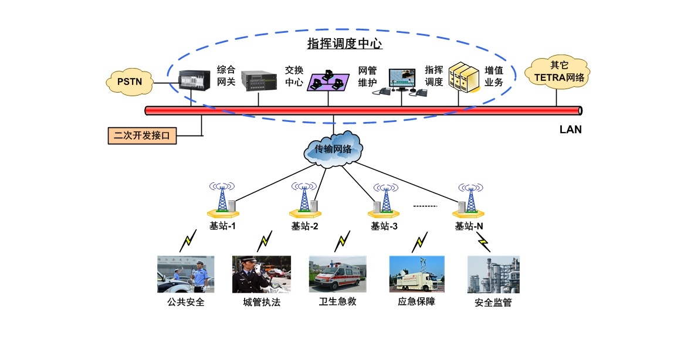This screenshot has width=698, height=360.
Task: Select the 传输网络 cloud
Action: pos(333,149)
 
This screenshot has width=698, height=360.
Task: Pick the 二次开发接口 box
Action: pos(141,135)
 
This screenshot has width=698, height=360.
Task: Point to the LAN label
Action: pos(570,130)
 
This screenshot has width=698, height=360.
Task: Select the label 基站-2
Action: pos(305,226)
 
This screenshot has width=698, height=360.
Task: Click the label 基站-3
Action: pos(384,226)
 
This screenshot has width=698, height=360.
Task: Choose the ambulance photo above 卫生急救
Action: pos(337,273)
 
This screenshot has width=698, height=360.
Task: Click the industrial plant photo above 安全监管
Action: pos(493,274)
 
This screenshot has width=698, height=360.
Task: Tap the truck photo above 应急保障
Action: pos(416,273)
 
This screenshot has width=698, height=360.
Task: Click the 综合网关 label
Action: pos(226,76)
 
